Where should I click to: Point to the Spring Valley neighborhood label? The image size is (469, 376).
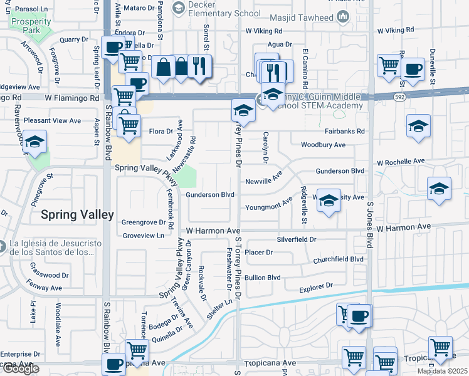pos(78,215)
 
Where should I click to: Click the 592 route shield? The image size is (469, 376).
pos(399,97)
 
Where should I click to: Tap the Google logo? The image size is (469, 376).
pos(20,368)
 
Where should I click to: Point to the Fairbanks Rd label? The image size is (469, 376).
pos(345,132)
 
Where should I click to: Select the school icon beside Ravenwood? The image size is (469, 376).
pos(35,143)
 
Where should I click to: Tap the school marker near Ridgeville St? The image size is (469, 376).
pos(328,201)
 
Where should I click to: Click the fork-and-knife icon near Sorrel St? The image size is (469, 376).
pos(199,67)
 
